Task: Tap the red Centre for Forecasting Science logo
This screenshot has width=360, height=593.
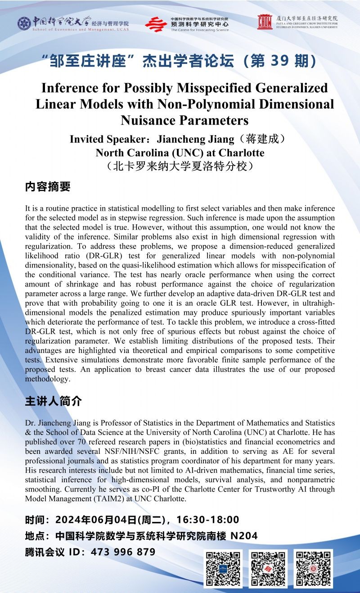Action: [156, 24]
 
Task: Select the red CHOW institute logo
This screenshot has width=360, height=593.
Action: [265, 22]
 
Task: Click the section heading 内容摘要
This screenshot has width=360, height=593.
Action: [48, 187]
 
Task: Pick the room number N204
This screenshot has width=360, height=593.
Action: [244, 536]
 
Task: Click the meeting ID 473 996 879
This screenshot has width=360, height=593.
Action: [124, 552]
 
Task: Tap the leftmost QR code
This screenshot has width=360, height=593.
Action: [223, 569]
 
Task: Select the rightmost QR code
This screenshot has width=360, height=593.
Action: [314, 569]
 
